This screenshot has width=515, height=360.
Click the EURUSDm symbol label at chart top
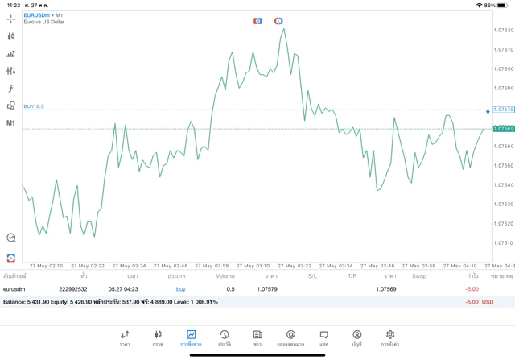pyautogui.click(x=38, y=14)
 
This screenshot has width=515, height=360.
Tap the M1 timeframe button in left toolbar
pyautogui.click(x=11, y=123)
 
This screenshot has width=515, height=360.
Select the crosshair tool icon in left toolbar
pyautogui.click(x=11, y=19)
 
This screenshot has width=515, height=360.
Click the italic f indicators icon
pyautogui.click(x=11, y=89)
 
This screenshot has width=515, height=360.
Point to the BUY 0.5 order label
pyautogui.click(x=34, y=106)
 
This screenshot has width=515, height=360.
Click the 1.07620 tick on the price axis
pyautogui.click(x=503, y=30)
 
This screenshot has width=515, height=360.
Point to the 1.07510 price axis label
pyautogui.click(x=503, y=242)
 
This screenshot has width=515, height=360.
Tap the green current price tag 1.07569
pyautogui.click(x=504, y=129)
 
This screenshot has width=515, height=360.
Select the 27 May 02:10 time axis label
pyautogui.click(x=46, y=265)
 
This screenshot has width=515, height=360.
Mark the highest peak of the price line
pyautogui.click(x=284, y=29)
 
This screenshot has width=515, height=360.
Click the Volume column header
pyautogui.click(x=225, y=276)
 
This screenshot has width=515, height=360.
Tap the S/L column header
pyautogui.click(x=312, y=276)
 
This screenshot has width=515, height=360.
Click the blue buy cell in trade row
pyautogui.click(x=180, y=288)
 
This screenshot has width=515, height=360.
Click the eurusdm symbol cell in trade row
pyautogui.click(x=15, y=288)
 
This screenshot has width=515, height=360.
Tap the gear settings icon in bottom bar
pyautogui.click(x=389, y=337)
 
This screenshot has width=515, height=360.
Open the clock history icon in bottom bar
pyautogui.click(x=225, y=337)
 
